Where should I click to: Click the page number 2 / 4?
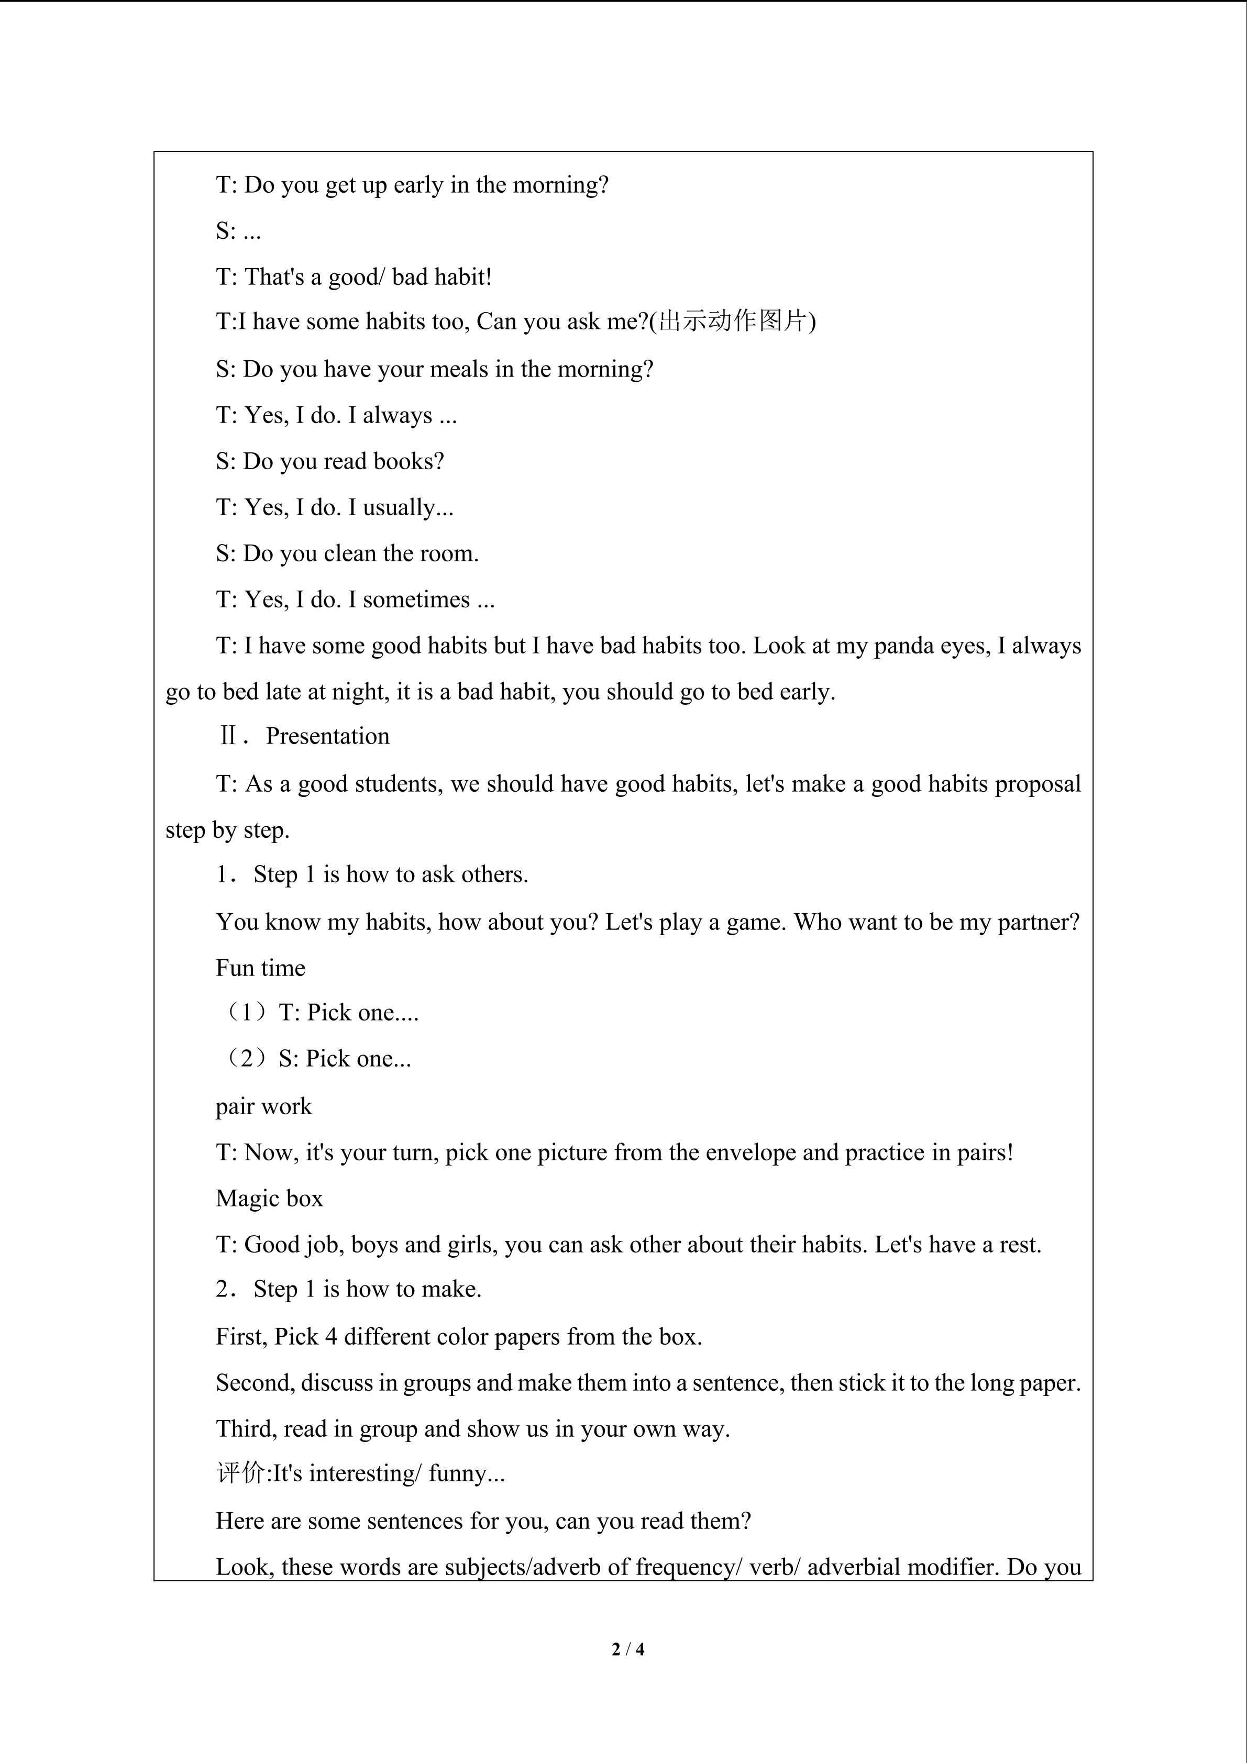click(627, 1648)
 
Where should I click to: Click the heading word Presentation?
click(327, 736)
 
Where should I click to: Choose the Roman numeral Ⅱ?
click(228, 736)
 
